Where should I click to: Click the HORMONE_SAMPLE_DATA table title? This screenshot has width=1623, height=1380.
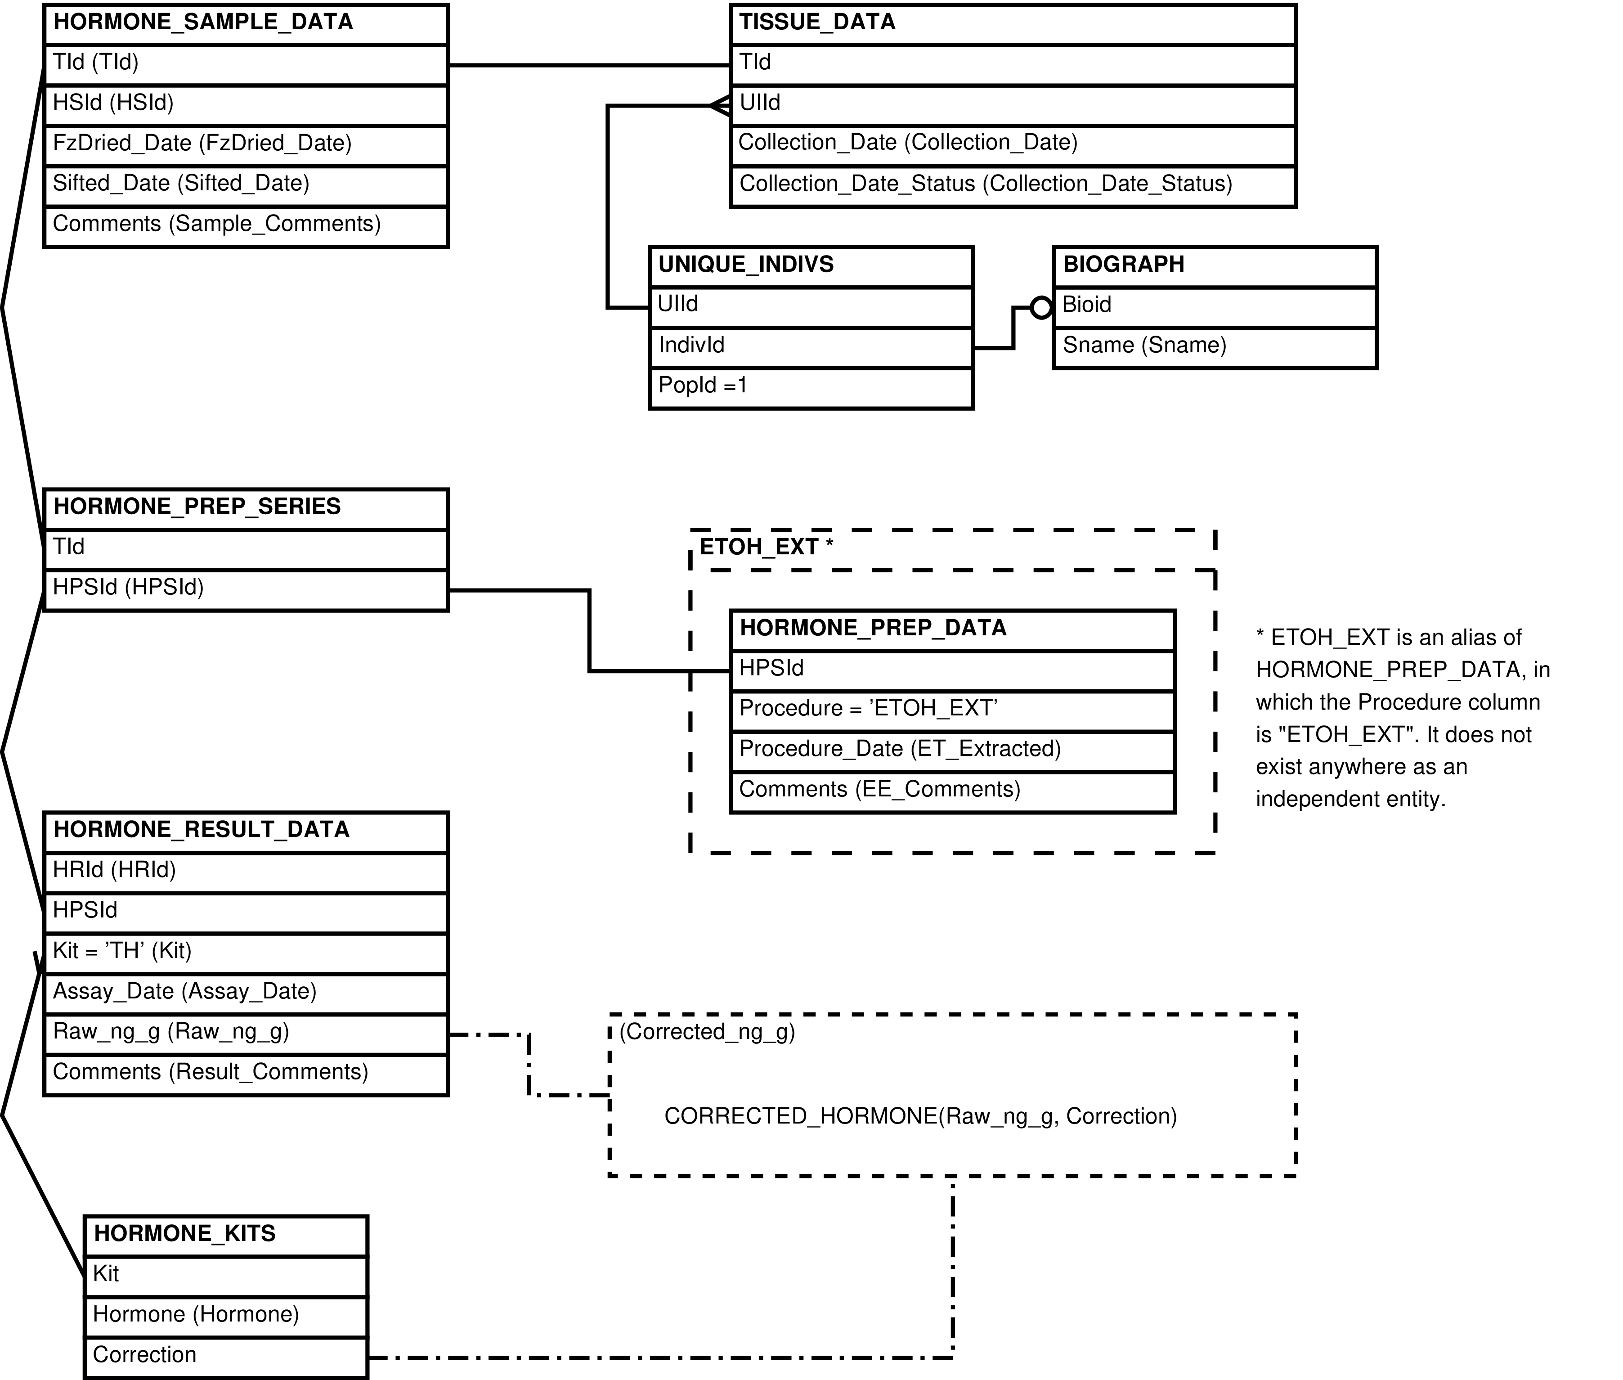[x=203, y=22]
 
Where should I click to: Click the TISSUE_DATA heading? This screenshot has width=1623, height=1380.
[x=817, y=22]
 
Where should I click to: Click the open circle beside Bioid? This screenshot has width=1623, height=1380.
[x=1041, y=307]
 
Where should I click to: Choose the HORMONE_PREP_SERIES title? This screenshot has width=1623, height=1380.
[x=197, y=506]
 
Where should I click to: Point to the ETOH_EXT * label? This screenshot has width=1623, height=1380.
[x=767, y=547]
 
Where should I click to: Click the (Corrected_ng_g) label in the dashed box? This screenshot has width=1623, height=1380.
[x=707, y=1032]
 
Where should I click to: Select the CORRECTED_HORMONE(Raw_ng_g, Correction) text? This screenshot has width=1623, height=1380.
[x=921, y=1116]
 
